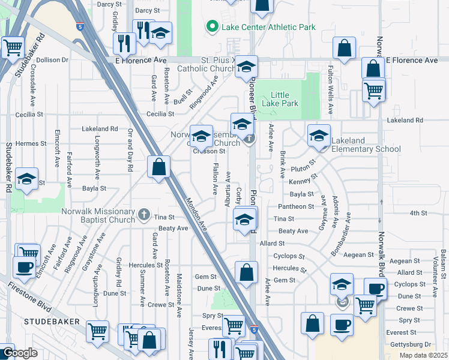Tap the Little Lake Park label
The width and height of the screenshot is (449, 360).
pyautogui.click(x=285, y=100)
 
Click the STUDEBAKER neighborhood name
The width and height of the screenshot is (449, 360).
pyautogui.click(x=49, y=322)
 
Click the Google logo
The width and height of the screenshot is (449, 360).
pyautogui.click(x=19, y=353)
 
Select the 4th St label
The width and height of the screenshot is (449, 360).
pyautogui.click(x=417, y=213)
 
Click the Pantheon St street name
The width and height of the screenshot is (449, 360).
pyautogui.click(x=296, y=206)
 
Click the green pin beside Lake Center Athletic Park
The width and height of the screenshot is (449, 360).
pyautogui.click(x=211, y=27)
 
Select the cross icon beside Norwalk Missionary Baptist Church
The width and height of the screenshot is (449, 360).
pyautogui.click(x=143, y=214)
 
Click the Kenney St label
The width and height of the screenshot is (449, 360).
pyautogui.click(x=298, y=182)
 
